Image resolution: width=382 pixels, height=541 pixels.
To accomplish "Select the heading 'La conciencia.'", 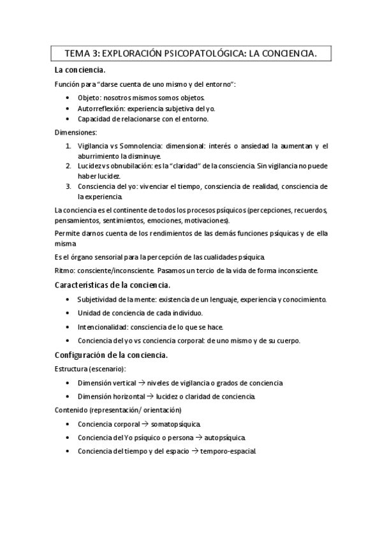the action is point(80,70).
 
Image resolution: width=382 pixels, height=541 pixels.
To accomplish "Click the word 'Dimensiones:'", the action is point(76,133).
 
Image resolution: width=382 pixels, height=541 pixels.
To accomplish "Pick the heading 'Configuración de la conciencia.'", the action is point(112,355).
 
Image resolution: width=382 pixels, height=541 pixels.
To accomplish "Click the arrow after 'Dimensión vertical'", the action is point(141,383).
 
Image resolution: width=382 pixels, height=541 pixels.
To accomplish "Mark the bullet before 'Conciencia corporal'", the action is point(68,424).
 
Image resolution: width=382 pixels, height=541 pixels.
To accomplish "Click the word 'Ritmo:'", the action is point(65,270).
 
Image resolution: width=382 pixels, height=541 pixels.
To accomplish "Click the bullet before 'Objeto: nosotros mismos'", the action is point(68,98).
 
